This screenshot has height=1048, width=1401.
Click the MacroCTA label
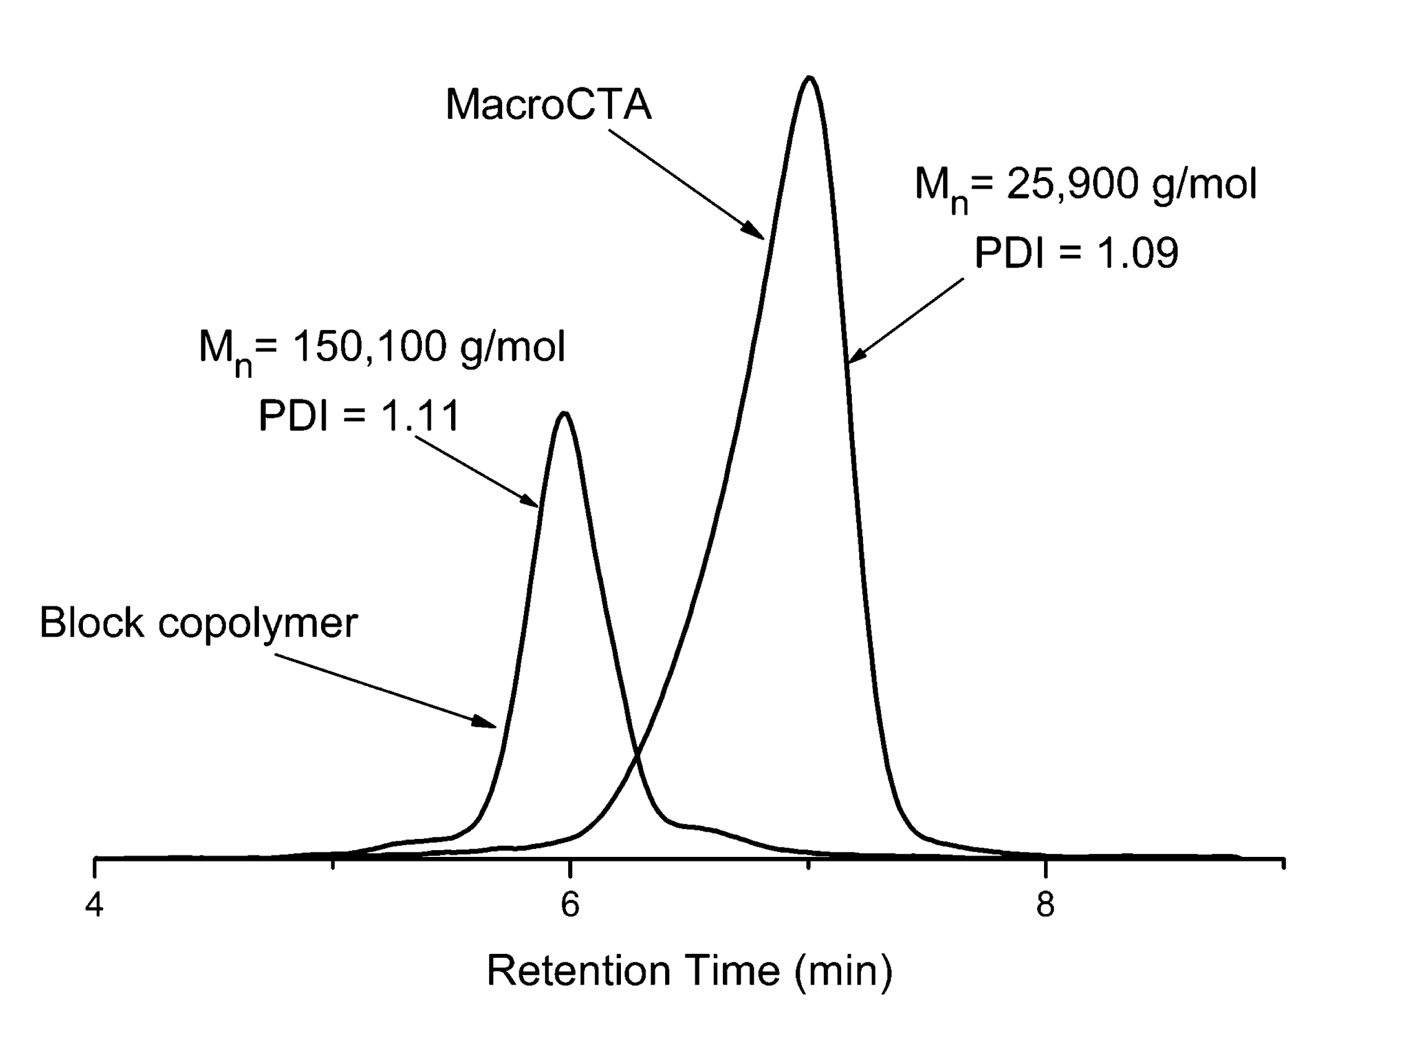[548, 104]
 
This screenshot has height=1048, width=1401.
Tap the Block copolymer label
[198, 623]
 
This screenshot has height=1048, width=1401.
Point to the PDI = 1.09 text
[1075, 253]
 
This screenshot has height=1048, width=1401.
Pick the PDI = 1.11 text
[359, 416]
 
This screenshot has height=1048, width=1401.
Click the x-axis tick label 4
[94, 905]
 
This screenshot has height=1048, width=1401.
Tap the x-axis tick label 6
[569, 905]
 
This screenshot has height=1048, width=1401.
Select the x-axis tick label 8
[1045, 905]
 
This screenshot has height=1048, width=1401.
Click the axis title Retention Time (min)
[689, 971]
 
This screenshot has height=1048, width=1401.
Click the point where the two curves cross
[637, 755]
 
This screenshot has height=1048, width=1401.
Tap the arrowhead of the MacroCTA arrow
[760, 235]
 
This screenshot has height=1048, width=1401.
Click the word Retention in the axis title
[578, 971]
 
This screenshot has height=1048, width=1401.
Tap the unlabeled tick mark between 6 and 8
[808, 864]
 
